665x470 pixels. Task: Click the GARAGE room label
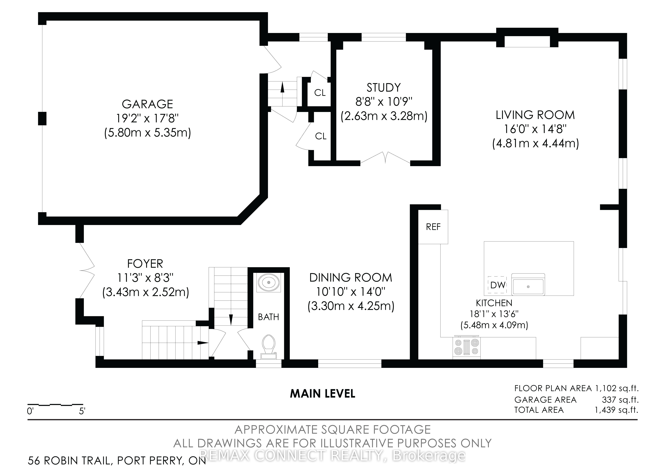[x=147, y=104]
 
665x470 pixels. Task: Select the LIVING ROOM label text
[x=535, y=115]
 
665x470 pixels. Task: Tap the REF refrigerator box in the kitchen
[x=433, y=227]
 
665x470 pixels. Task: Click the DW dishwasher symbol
[x=498, y=285]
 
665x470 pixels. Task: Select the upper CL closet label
[x=320, y=93]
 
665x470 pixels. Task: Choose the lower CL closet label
[x=321, y=136]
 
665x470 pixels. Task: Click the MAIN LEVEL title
[x=323, y=394]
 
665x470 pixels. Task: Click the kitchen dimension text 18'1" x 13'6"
[x=494, y=314]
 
